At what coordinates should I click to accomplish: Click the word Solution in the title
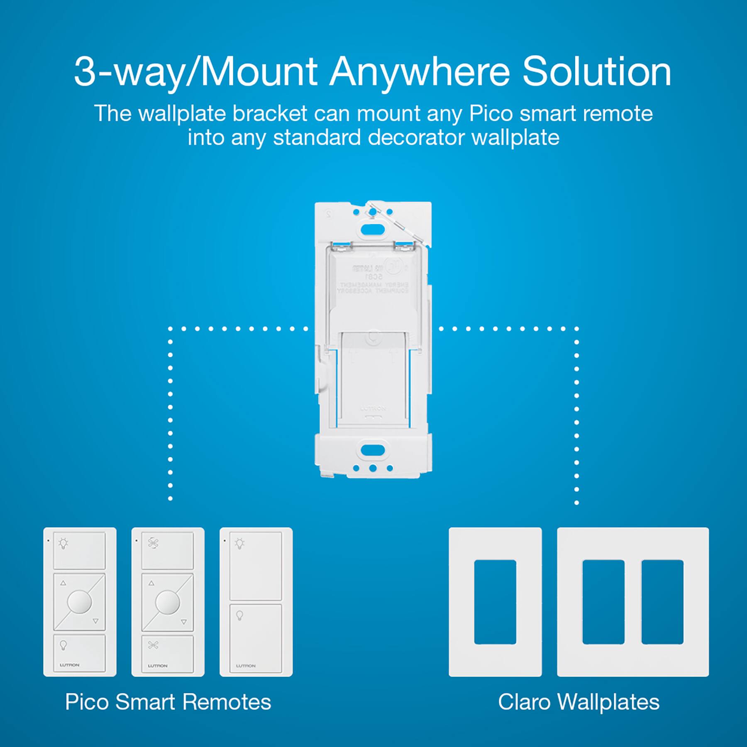pyautogui.click(x=596, y=72)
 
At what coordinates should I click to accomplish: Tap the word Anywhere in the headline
pyautogui.click(x=420, y=73)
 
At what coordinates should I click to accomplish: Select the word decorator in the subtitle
pyautogui.click(x=416, y=137)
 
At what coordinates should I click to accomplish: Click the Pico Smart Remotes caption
pyautogui.click(x=168, y=702)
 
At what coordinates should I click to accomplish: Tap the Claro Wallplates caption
pyautogui.click(x=579, y=702)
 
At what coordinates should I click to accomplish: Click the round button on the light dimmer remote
pyautogui.click(x=79, y=602)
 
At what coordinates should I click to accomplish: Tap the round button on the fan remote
pyautogui.click(x=167, y=602)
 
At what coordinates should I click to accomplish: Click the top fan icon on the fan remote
pyautogui.click(x=153, y=543)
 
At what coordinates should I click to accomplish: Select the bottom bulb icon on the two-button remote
pyautogui.click(x=240, y=615)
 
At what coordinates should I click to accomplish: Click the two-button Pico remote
pyautogui.click(x=256, y=602)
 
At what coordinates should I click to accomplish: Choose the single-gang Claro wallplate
pyautogui.click(x=495, y=602)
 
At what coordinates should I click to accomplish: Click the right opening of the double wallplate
pyautogui.click(x=662, y=602)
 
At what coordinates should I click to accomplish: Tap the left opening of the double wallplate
pyautogui.click(x=603, y=602)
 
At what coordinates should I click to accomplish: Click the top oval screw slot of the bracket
pyautogui.click(x=373, y=229)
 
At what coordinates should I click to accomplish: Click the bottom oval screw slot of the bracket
pyautogui.click(x=373, y=449)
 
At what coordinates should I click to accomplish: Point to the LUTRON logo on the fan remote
pyautogui.click(x=158, y=666)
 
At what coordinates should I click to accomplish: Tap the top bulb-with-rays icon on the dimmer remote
pyautogui.click(x=63, y=543)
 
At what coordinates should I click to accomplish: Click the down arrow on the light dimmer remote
pyautogui.click(x=96, y=621)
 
